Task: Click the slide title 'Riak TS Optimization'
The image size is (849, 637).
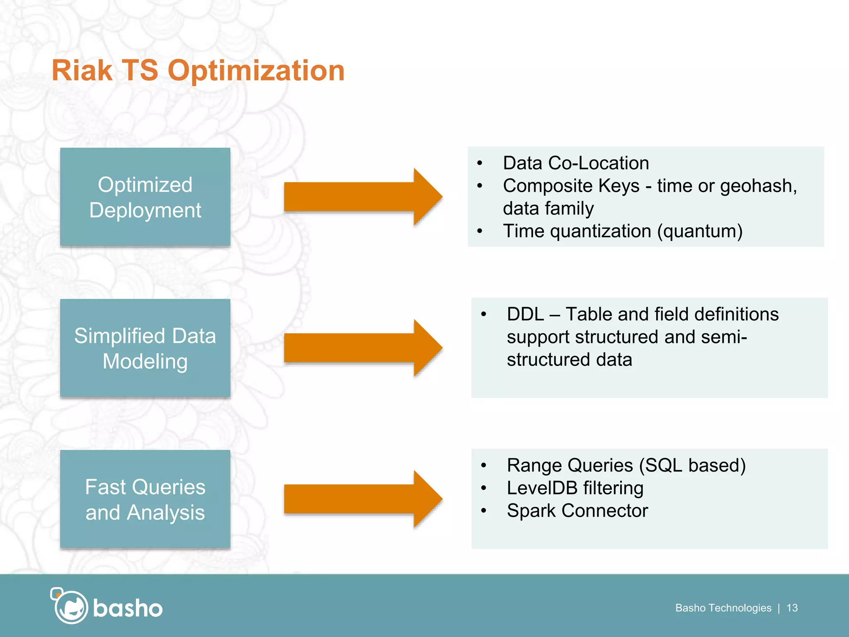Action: click(x=198, y=71)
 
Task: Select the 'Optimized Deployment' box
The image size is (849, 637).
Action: click(x=145, y=197)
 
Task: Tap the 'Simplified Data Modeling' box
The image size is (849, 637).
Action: click(x=145, y=348)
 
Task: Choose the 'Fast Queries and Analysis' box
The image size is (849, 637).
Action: click(x=145, y=499)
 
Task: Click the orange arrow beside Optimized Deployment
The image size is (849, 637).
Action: click(x=363, y=197)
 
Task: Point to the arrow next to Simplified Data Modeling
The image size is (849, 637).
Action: click(x=363, y=348)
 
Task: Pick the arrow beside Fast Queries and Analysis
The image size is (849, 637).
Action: click(x=363, y=499)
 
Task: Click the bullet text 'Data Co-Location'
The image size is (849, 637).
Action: click(x=575, y=163)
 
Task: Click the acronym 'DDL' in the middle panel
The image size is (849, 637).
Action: click(x=525, y=314)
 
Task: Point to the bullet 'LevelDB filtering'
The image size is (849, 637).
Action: click(x=575, y=488)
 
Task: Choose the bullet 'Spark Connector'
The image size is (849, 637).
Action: click(x=577, y=511)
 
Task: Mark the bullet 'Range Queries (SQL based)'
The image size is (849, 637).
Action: click(x=626, y=465)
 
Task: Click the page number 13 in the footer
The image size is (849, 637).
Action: click(x=792, y=608)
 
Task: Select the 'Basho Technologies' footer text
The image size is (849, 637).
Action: click(x=723, y=608)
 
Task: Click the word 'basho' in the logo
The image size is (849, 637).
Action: click(x=128, y=608)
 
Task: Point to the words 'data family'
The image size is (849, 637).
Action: click(x=548, y=208)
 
